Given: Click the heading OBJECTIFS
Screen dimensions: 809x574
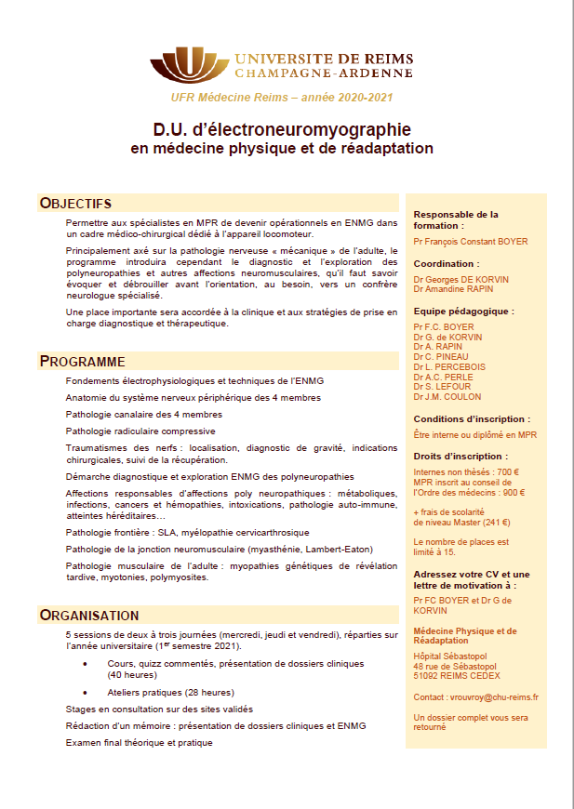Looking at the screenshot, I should [x=75, y=204].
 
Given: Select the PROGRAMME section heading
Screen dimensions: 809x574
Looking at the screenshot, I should [x=82, y=361].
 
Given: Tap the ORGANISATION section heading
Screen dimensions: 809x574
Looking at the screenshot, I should [x=89, y=615].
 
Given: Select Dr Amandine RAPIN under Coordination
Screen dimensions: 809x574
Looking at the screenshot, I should [x=454, y=288].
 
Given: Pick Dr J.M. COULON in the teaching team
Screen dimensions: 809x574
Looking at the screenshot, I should [x=447, y=397].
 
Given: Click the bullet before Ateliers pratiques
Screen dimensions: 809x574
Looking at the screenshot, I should [x=86, y=692].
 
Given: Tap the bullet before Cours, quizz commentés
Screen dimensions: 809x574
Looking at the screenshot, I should [x=86, y=663].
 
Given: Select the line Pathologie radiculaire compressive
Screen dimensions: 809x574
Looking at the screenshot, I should [x=140, y=431].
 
